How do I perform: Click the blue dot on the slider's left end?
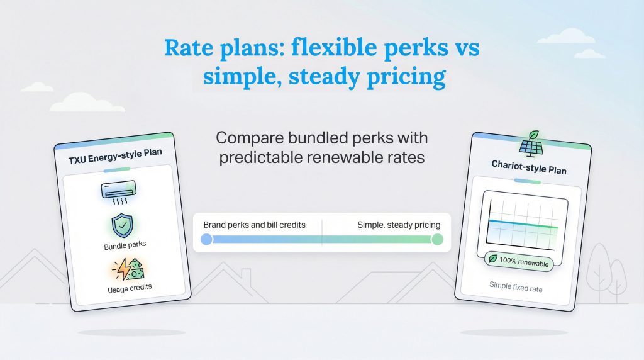pyautogui.click(x=206, y=239)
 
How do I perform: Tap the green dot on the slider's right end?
pyautogui.click(x=438, y=239)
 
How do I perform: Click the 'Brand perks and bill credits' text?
pyautogui.click(x=255, y=225)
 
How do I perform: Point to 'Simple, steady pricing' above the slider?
pyautogui.click(x=399, y=225)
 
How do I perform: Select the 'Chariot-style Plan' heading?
pyautogui.click(x=528, y=170)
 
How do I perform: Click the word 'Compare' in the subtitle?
pyautogui.click(x=249, y=137)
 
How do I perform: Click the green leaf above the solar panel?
pyautogui.click(x=533, y=134)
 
